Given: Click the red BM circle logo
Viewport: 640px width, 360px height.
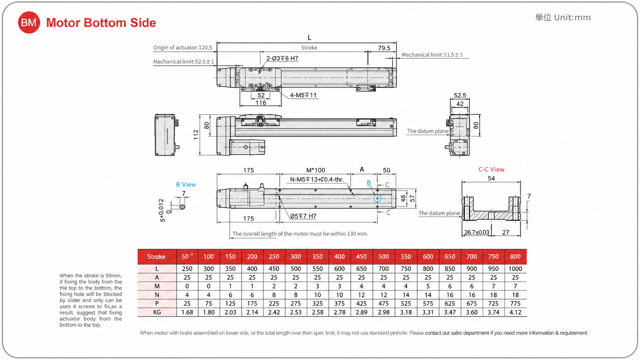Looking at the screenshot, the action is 29,23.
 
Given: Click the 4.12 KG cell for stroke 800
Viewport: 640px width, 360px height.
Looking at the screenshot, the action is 515,312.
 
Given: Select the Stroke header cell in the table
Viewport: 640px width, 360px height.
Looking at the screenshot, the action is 156,257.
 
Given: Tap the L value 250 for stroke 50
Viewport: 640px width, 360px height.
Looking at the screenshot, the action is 187,269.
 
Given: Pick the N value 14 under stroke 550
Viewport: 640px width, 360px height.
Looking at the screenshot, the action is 406,295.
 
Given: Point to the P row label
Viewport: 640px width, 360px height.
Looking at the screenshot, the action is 157,303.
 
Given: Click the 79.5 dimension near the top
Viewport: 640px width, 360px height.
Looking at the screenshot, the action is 384,48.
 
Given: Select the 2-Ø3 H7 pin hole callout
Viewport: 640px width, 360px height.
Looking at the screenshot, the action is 282,58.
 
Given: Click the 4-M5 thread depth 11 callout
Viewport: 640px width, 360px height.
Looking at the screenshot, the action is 303,95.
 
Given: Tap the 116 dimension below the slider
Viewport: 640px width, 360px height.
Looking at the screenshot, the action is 261,103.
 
